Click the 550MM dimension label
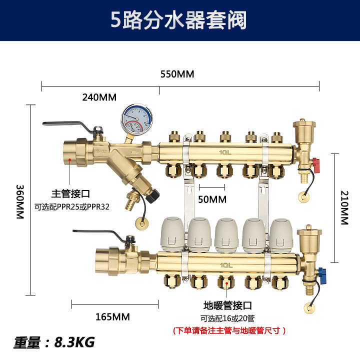tap(176, 74)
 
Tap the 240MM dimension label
tap(99, 97)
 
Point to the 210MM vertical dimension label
tap(344, 207)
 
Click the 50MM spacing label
tap(212, 199)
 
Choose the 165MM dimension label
tap(113, 316)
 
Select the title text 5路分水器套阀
tap(179, 21)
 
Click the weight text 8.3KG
tap(74, 342)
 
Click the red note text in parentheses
tap(228, 330)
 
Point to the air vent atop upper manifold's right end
tap(302, 130)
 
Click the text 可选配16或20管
tap(227, 318)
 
